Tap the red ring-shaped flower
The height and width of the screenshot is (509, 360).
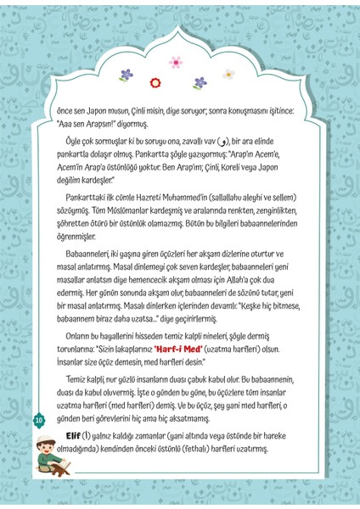[x=155, y=82]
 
